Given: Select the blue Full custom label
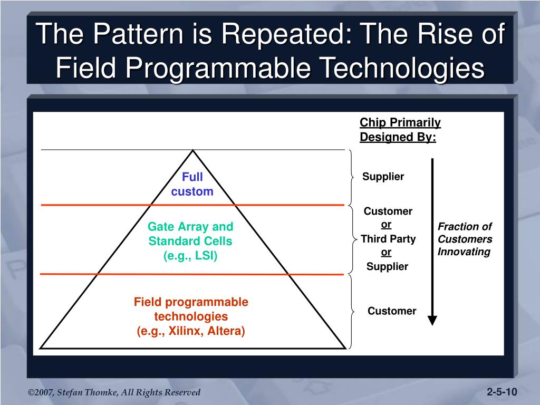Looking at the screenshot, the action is click(x=192, y=184).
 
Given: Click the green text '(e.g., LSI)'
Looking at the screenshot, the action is click(x=190, y=256).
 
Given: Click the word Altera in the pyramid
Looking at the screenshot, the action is click(x=226, y=331).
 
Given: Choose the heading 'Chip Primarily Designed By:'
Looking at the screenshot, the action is click(x=400, y=130).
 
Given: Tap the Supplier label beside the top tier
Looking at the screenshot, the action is click(x=383, y=176).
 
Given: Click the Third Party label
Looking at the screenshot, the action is click(x=388, y=239).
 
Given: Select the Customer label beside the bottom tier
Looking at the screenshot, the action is click(x=392, y=311).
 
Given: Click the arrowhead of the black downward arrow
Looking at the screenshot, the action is click(x=432, y=320).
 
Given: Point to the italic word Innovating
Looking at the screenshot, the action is click(x=464, y=252).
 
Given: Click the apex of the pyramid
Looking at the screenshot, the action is click(x=193, y=150).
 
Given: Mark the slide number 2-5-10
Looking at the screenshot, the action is click(x=502, y=392).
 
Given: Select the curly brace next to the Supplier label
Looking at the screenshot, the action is click(x=351, y=177).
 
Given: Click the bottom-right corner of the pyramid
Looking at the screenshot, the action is click(x=345, y=349).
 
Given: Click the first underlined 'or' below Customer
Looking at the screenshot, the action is click(x=386, y=225).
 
